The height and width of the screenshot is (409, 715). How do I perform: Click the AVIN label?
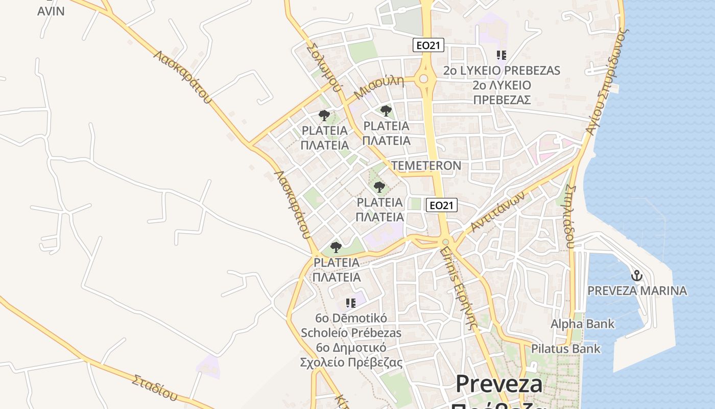pyautogui.click(x=51, y=11)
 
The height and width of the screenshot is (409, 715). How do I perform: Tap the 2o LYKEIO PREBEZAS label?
pyautogui.click(x=502, y=71)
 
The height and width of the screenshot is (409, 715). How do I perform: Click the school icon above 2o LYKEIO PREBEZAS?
pyautogui.click(x=502, y=55)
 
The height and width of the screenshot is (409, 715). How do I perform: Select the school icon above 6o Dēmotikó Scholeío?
pyautogui.click(x=350, y=303)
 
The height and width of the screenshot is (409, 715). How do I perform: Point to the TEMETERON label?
pyautogui.click(x=426, y=166)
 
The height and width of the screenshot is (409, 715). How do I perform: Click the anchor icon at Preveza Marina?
pyautogui.click(x=636, y=276)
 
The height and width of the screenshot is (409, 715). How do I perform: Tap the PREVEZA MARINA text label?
pyautogui.click(x=637, y=291)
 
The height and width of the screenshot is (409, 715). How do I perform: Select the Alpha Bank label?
pyautogui.click(x=582, y=324)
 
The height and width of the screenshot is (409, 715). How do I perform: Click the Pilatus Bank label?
pyautogui.click(x=566, y=349)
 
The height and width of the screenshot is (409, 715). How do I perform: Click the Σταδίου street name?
pyautogui.click(x=155, y=388)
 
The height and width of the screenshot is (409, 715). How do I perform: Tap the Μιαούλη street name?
pyautogui.click(x=378, y=87)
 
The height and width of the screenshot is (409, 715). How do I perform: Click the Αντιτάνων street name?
pyautogui.click(x=498, y=212)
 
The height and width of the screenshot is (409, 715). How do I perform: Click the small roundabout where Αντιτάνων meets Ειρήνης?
pyautogui.click(x=446, y=242)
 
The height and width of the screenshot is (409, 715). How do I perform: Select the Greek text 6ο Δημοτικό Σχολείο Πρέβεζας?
pyautogui.click(x=351, y=355)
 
